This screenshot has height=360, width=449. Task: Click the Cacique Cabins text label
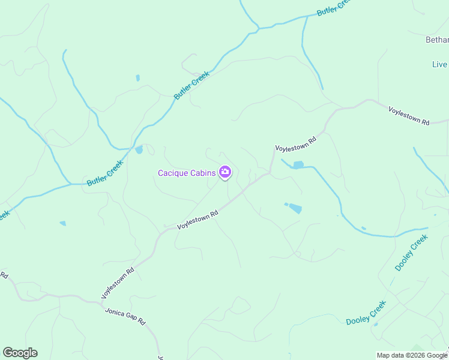tap(186, 173)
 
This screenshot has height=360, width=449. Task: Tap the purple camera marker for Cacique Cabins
tap(225, 173)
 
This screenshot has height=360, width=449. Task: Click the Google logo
tap(20, 353)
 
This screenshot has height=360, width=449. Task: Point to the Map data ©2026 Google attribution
tap(412, 355)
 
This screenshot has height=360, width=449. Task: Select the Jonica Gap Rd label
tap(125, 317)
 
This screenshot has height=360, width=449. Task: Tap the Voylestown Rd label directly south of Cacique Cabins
tap(197, 220)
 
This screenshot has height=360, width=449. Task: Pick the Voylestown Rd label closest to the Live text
tap(409, 115)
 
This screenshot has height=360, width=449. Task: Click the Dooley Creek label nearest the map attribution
tap(366, 313)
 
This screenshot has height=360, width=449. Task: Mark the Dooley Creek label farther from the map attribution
tap(411, 252)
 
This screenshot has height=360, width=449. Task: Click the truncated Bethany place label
tap(437, 40)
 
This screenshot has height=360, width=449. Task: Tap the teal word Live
tap(439, 64)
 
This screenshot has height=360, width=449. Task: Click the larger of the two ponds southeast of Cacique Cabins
tap(295, 208)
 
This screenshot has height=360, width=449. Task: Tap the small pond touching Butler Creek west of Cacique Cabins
tap(139, 149)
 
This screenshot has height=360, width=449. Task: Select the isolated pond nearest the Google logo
tap(62, 224)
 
